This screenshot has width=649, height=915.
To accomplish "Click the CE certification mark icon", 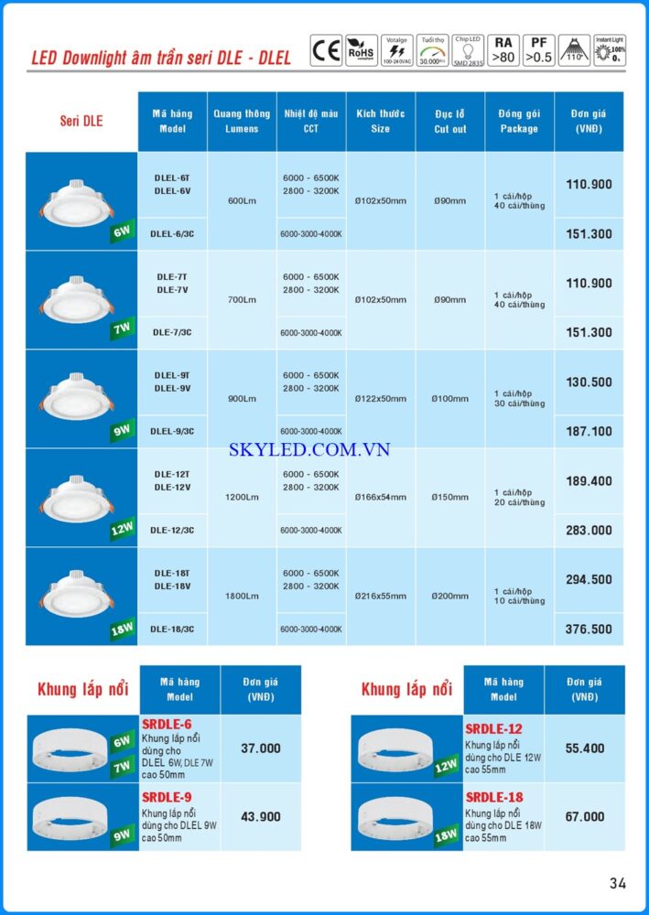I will point(326,49).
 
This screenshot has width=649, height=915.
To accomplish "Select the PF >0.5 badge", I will point(542,49).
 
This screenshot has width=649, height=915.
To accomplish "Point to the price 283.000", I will point(590,530).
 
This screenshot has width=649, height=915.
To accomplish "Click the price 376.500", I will point(590,629).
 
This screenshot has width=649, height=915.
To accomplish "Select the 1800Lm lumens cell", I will point(242,596).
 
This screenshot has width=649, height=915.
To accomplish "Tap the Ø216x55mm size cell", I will point(380,596).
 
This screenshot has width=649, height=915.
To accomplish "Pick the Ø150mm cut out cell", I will point(449,497).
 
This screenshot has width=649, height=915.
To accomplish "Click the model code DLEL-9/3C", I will point(172,431).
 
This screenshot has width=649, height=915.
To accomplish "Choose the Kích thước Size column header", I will point(380,121).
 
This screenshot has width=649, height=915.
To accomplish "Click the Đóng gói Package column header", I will point(519,121).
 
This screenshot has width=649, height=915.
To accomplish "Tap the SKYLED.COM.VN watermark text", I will point(309,449).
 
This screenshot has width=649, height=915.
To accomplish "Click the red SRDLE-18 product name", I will point(494,797).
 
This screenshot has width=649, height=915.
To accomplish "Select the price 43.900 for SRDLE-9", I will point(261,816).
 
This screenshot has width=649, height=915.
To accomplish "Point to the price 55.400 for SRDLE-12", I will point(585,748).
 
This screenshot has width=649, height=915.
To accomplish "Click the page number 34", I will point(618,883).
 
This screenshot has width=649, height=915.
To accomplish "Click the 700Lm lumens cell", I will point(242,299).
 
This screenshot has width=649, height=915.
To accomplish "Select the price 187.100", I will point(590,431).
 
